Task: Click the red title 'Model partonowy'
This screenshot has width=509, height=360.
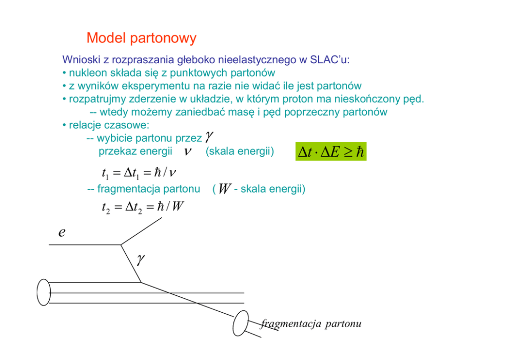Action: (141, 38)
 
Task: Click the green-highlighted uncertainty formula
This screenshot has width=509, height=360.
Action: (330, 151)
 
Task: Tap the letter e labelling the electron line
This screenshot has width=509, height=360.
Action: (62, 232)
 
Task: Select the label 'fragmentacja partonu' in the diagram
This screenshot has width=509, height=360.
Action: (311, 324)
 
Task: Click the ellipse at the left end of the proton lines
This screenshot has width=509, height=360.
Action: (44, 293)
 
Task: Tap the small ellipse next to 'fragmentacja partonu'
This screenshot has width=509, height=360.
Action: (240, 323)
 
